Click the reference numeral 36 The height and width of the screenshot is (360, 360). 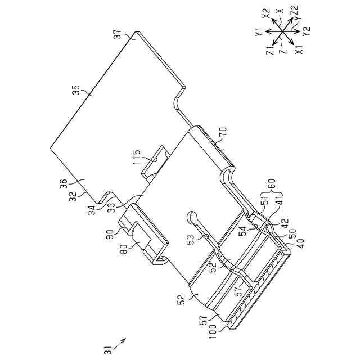coord(79,184)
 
